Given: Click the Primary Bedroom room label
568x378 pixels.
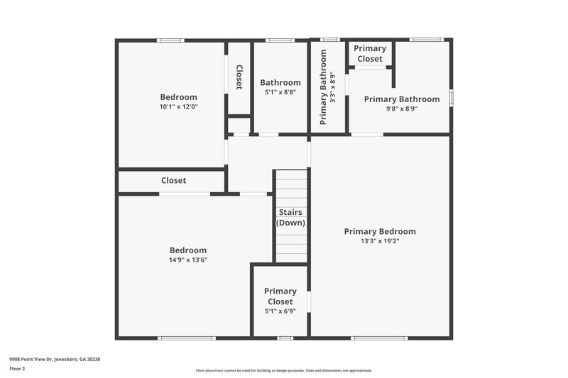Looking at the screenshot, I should (380, 231).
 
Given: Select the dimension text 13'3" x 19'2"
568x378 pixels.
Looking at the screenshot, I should (380, 241).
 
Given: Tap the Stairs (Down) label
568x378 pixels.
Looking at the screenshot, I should (290, 217).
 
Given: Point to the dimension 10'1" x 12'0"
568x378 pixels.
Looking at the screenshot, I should (178, 107).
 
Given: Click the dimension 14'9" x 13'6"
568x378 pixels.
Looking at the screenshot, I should (188, 260).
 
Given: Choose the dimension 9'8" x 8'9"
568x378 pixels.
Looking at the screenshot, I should (401, 109).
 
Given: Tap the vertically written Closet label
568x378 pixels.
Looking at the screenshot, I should (239, 77).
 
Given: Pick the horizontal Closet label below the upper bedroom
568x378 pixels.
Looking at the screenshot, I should (173, 180).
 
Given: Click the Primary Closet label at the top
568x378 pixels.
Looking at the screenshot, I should (370, 53).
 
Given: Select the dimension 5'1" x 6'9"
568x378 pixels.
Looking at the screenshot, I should (280, 311).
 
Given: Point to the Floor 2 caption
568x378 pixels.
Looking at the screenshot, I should (17, 369).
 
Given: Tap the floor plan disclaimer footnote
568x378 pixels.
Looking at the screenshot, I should (284, 370).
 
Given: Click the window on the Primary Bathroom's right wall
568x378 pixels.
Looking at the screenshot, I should (451, 96).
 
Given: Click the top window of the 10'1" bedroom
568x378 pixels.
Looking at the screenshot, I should (170, 40).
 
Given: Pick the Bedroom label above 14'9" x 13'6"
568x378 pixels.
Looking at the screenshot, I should (188, 250).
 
